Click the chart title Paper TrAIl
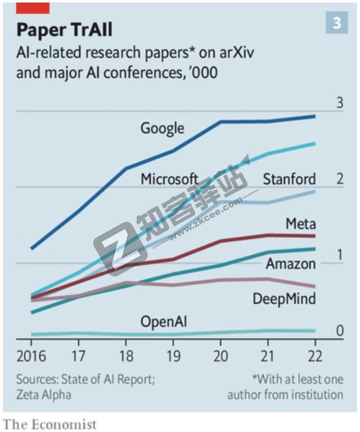64,30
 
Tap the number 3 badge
337,23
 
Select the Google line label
162,128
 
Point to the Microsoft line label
169,179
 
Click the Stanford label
289,179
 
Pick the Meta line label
301,223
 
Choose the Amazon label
291,264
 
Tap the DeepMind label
284,299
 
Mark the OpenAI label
164,322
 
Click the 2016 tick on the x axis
32,356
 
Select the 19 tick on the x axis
173,356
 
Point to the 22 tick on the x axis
315,356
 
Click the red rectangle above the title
33,8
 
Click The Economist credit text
49,424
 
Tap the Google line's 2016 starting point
32,248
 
